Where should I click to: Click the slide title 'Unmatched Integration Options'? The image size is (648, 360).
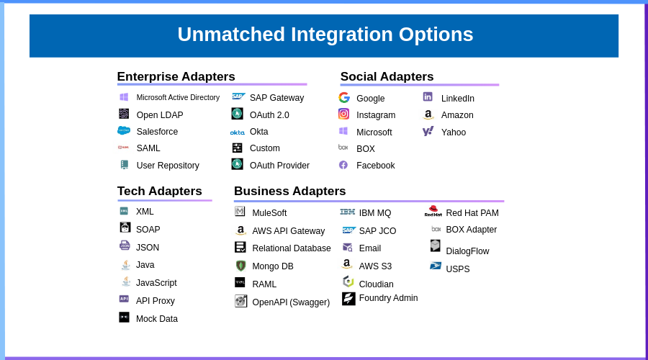pos(325,35)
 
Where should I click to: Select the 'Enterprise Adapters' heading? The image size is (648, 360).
pos(176,77)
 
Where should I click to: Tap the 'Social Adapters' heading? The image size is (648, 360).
pos(387,77)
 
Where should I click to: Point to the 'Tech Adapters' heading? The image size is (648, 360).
pos(159,191)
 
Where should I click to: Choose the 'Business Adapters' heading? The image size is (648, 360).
pos(289,191)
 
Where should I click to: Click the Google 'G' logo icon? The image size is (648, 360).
pos(344,98)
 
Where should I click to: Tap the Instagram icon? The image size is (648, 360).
pos(344,114)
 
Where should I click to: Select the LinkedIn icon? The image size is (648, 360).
pos(428,96)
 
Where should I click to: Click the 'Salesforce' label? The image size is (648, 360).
pos(157,132)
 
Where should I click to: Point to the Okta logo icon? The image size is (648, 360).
pos(238,132)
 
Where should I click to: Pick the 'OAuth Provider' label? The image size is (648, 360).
pos(279,166)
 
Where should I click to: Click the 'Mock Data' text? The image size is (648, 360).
pos(156,319)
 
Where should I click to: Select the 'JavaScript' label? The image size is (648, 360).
pos(156,283)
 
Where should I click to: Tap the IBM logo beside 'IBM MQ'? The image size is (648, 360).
pos(348,212)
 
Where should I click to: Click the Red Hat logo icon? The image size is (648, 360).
pos(433,211)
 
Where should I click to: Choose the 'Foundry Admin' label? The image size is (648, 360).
pos(388,298)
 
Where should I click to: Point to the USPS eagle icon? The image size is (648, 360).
pos(436,266)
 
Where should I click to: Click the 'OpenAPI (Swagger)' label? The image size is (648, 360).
pos(291,302)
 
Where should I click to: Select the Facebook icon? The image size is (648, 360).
pos(343,165)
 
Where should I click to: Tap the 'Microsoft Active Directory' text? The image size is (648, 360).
pos(178,98)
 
